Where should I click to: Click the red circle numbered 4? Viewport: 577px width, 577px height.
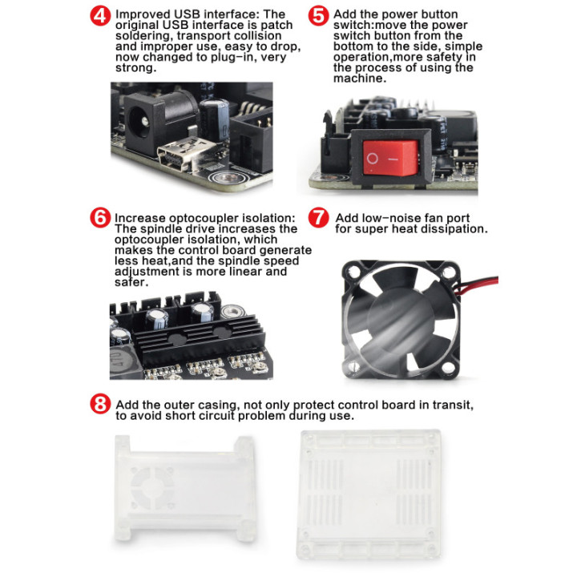[100, 16]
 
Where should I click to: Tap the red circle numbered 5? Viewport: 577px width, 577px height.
[318, 16]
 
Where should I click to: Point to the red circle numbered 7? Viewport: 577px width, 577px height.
[318, 217]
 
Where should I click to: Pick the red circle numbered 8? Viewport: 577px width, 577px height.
[100, 404]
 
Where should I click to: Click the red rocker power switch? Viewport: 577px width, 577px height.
[391, 158]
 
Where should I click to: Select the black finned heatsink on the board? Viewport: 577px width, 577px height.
[199, 338]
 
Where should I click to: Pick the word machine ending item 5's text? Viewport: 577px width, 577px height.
[360, 78]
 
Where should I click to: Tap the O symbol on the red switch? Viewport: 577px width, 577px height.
[373, 159]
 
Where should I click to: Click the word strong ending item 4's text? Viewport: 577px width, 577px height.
[135, 68]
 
